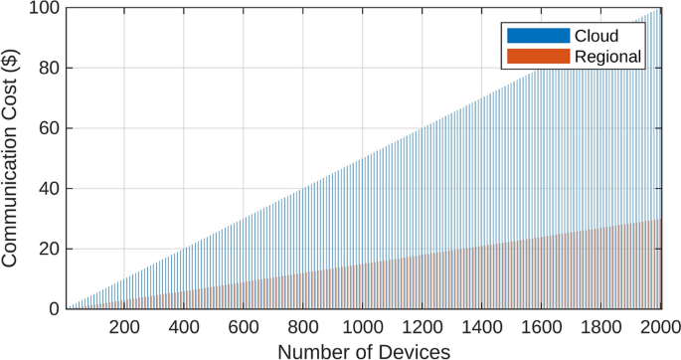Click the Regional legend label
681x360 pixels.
click(608, 57)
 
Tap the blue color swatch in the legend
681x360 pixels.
click(538, 36)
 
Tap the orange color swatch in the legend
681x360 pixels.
click(538, 57)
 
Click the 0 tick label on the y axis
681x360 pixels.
click(52, 308)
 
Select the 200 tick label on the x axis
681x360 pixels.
click(124, 329)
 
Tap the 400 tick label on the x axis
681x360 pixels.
click(184, 329)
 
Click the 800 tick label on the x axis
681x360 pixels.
click(304, 329)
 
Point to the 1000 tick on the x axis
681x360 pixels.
click(364, 329)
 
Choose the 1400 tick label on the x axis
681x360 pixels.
click(483, 329)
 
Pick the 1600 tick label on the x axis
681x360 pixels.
click(543, 329)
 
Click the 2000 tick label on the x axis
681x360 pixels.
click(660, 329)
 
